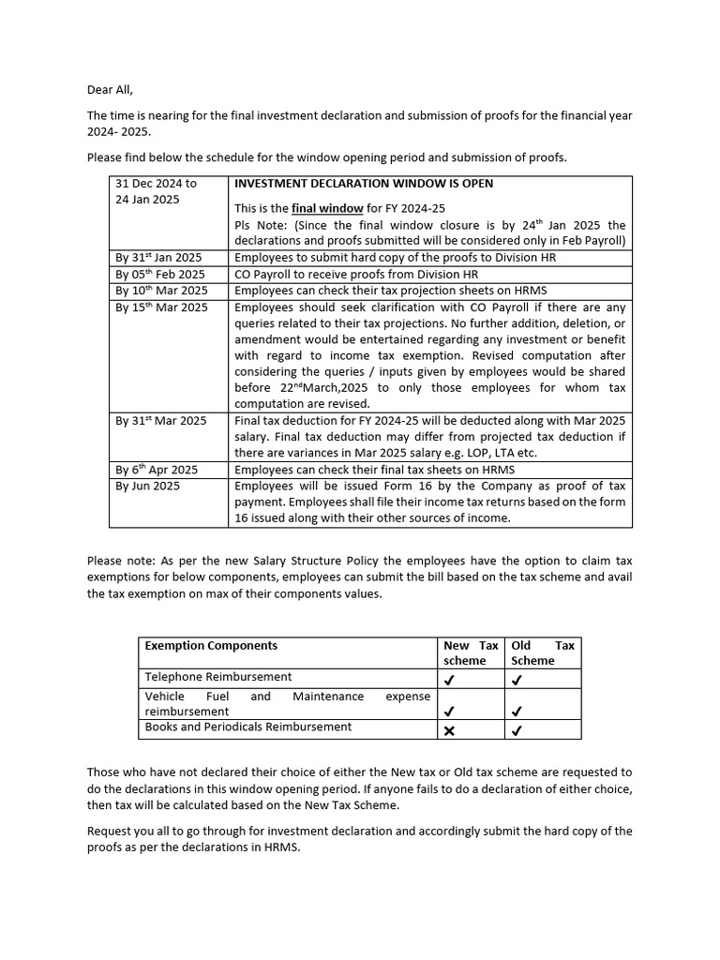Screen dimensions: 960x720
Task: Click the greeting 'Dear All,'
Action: point(111,90)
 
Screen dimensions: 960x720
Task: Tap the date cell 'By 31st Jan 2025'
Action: point(158,258)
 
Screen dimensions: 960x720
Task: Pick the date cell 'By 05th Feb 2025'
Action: point(160,274)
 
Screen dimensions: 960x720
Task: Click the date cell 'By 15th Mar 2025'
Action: point(161,307)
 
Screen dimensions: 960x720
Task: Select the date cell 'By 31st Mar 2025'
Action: point(161,421)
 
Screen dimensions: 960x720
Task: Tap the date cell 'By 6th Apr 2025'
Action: point(157,470)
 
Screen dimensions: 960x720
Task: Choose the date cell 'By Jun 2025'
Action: point(148,487)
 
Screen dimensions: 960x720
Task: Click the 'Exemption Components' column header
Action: point(211,646)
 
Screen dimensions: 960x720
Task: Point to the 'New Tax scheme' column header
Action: point(471,652)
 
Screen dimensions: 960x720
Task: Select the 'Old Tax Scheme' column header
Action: point(543,652)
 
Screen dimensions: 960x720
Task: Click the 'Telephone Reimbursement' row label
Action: point(217,677)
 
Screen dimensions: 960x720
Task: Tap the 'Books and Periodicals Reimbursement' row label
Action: point(248,727)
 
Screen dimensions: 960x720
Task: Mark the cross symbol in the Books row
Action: point(449,731)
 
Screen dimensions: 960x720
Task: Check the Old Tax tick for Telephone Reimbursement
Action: point(517,680)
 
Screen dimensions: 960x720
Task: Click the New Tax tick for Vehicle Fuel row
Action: point(449,712)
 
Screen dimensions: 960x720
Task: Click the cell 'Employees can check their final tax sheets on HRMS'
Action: point(374,470)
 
